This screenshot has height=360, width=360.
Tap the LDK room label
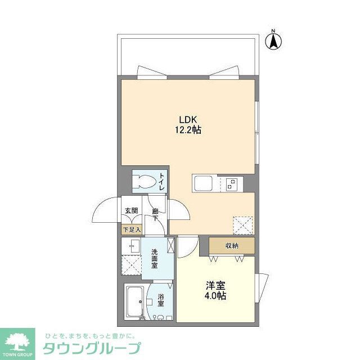tap(188, 120)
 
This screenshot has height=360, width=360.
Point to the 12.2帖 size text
tap(188, 130)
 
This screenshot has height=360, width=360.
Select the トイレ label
tap(161, 182)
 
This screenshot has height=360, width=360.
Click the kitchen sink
tap(202, 183)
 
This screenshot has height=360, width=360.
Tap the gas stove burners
tap(232, 183)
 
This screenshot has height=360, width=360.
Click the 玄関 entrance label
tap(131, 211)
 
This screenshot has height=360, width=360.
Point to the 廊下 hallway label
tap(155, 214)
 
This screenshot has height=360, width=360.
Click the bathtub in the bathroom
tap(134, 303)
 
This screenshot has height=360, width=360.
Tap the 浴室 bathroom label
tap(161, 299)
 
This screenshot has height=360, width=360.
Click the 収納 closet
tap(232, 245)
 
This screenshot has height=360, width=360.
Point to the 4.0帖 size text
tap(215, 295)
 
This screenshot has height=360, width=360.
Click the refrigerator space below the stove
tap(244, 224)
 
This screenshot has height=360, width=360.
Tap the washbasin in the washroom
tap(133, 246)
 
